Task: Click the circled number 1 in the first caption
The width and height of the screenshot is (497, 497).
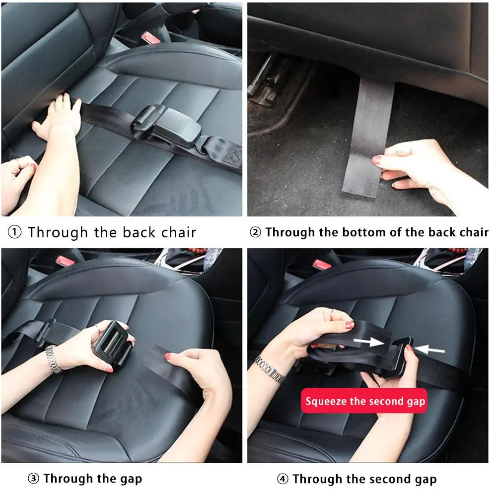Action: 15,232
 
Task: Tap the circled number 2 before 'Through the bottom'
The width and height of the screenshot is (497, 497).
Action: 255,232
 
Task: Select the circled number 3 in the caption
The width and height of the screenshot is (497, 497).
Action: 33,479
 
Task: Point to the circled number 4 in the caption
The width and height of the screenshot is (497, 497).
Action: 283,479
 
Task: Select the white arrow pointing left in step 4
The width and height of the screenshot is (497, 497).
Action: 428,350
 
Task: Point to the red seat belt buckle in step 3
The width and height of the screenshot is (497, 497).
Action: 65,261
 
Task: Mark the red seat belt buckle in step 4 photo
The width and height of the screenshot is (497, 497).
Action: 322,263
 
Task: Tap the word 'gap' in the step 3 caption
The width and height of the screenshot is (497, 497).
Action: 131,480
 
